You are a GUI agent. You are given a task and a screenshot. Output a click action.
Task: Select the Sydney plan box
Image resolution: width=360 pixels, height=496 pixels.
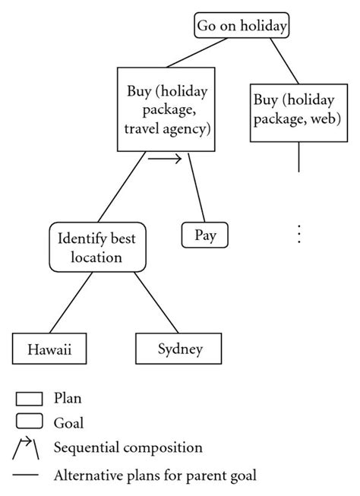coord(180,349)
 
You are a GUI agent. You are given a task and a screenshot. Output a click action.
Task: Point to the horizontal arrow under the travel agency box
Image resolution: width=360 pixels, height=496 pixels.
coord(166,160)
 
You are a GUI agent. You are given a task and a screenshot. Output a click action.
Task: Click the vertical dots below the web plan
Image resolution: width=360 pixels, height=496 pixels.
coord(299,233)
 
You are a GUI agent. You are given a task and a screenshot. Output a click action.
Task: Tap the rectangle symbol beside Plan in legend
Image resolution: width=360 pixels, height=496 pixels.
coord(28,398)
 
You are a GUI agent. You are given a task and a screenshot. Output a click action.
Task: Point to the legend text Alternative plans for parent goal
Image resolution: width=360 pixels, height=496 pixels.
coord(155,476)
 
